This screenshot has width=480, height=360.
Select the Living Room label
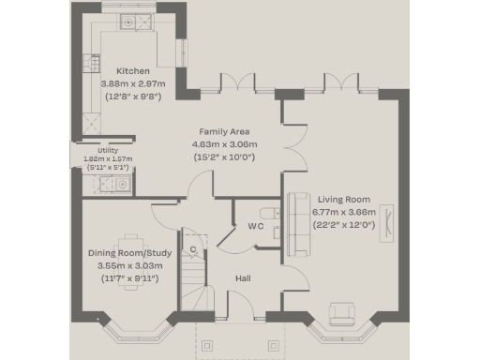(343, 200)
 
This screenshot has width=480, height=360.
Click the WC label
(254, 226)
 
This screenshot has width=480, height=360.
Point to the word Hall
(243, 278)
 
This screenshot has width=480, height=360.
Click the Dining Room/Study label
(131, 253)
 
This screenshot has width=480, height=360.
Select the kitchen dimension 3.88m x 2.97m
(131, 83)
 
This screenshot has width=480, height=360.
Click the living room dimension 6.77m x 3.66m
(343, 212)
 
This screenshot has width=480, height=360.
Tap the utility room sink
(120, 185)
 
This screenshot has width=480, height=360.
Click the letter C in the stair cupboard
(193, 250)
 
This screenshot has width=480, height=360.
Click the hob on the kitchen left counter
(92, 63)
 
